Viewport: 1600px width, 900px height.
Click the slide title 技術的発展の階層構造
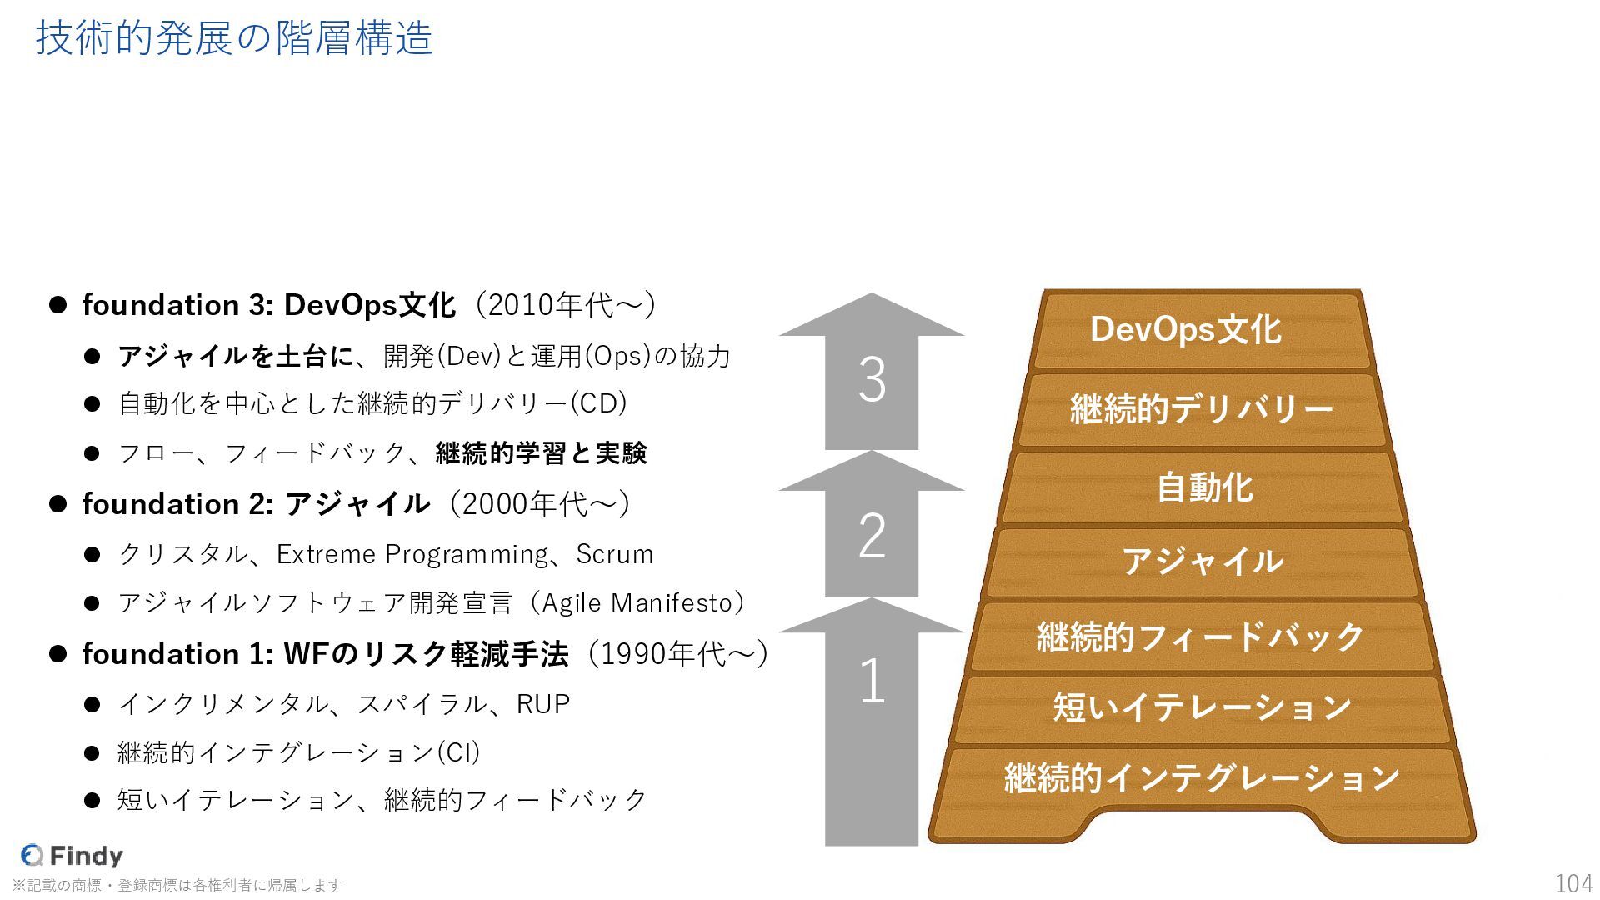tap(234, 38)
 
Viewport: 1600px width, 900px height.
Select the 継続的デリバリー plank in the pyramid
tap(1201, 409)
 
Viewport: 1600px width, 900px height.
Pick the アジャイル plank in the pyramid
tap(1202, 562)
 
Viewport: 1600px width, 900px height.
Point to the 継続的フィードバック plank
tap(1200, 637)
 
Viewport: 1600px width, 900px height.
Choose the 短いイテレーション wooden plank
tap(1202, 707)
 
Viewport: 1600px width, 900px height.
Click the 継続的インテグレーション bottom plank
tap(1202, 778)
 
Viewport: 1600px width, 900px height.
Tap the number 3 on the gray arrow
tap(872, 381)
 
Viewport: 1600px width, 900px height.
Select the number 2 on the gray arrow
tap(872, 536)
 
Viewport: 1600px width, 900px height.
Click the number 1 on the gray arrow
tap(872, 682)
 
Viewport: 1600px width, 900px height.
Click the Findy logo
tap(72, 856)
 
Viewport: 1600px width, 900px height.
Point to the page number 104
tap(1573, 883)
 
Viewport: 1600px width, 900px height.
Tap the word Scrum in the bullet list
tap(615, 554)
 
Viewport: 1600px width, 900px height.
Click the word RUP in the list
tap(543, 704)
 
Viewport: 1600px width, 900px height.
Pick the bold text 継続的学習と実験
tap(541, 453)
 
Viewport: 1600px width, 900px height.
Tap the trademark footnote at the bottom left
tap(177, 885)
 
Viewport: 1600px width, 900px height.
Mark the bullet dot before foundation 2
tap(57, 504)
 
